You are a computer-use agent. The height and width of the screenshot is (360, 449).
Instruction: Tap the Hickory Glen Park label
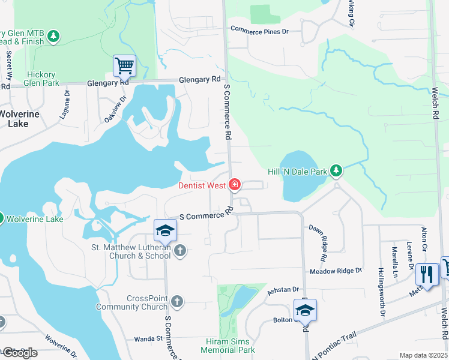point(43,79)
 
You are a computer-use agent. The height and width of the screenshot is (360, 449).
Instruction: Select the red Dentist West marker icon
point(235,185)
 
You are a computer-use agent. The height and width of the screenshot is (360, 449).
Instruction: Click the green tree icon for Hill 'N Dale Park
point(336,171)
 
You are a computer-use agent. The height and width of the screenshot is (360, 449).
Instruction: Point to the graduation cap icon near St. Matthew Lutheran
point(165,229)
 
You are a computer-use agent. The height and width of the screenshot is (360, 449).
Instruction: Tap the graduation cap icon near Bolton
point(305,310)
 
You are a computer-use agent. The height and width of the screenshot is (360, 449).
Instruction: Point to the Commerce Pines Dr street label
point(259,30)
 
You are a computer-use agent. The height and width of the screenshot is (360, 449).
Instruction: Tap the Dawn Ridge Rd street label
point(318,242)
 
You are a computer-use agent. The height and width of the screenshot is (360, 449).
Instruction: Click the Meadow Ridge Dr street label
point(336,271)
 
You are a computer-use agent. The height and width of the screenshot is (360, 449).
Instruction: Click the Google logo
point(20,352)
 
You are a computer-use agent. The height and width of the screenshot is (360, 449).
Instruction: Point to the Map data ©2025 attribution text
point(423,355)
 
